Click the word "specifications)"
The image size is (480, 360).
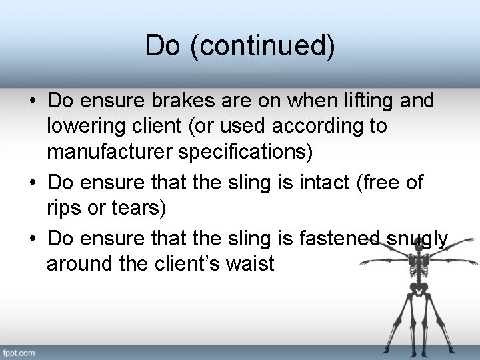pyautogui.click(x=245, y=151)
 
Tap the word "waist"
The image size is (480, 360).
pyautogui.click(x=251, y=263)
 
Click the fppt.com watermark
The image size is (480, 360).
pyautogui.click(x=19, y=352)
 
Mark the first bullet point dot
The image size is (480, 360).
pyautogui.click(x=32, y=102)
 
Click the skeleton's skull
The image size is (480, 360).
pyautogui.click(x=419, y=243)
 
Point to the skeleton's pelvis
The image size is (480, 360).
pyautogui.click(x=419, y=289)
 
